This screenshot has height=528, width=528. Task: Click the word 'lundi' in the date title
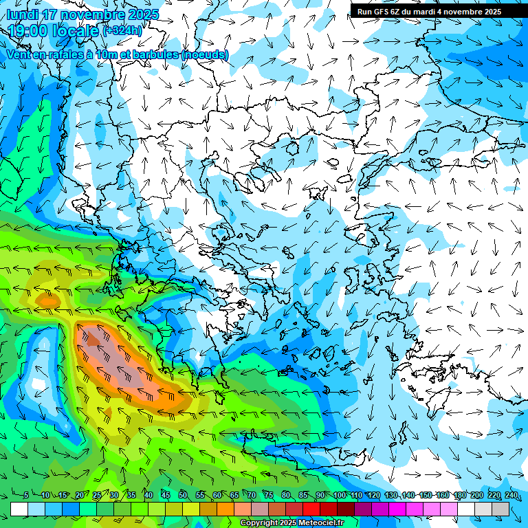[x=23, y=14]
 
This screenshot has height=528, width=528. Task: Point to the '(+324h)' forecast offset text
[x=122, y=30]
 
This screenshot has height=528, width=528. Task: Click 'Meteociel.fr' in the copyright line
[x=317, y=523]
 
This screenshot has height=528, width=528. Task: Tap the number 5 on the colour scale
[x=26, y=496]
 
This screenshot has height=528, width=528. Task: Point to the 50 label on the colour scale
[x=182, y=496]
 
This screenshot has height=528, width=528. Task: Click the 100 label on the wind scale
[x=338, y=496]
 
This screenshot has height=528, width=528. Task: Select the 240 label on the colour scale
[x=511, y=496]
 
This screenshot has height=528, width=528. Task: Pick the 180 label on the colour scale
[x=459, y=496]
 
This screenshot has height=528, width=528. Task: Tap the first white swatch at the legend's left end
[x=19, y=509]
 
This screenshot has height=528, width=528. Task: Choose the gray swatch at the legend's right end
[x=500, y=509]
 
